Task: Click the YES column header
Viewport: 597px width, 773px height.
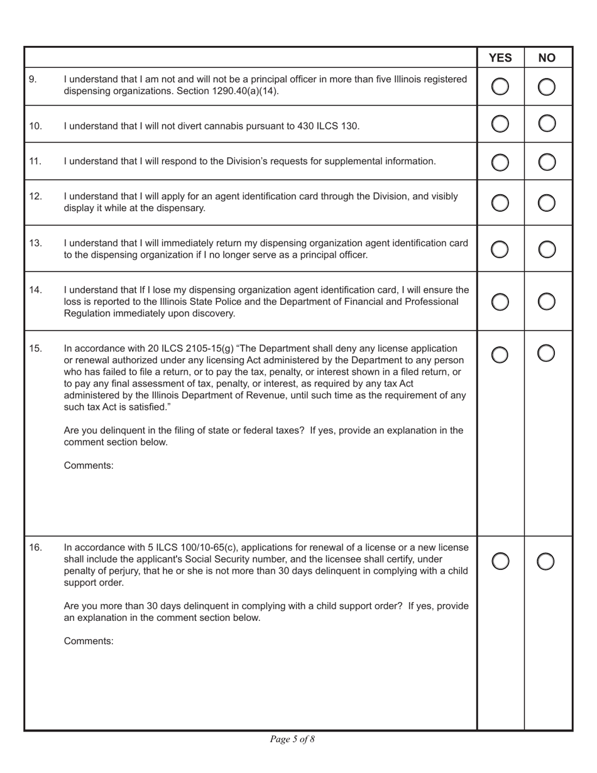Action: coord(500,58)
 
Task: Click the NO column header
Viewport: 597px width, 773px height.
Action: coord(547,58)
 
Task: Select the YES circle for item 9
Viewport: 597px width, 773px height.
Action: coord(500,87)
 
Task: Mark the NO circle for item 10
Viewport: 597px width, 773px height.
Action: coord(547,125)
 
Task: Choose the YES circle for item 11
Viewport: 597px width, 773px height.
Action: coord(500,162)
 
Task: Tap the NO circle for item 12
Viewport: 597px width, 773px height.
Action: coord(547,202)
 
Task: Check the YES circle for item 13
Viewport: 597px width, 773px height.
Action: coord(500,249)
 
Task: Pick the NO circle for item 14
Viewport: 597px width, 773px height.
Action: coord(547,302)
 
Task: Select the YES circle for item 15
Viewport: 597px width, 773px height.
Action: coord(500,354)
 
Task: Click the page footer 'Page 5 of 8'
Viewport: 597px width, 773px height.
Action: coord(292,739)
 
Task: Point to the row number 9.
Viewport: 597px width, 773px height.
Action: coord(33,79)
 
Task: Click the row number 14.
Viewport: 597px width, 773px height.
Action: coord(36,290)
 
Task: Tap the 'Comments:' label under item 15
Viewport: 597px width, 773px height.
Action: coord(89,466)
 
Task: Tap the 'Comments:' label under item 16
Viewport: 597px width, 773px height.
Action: coord(89,642)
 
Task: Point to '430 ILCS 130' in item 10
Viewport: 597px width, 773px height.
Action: coord(330,126)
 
